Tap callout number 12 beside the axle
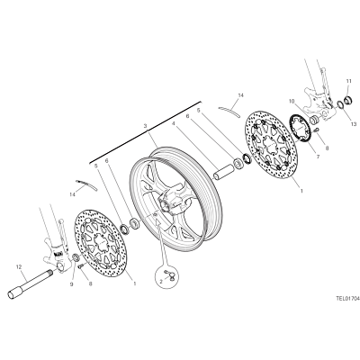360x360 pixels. tap(19, 266)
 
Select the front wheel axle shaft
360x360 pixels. tap(31, 283)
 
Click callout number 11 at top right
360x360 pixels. tap(348, 81)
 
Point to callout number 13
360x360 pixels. tap(354, 124)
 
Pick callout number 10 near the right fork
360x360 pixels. tap(292, 102)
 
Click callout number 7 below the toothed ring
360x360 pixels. tap(318, 157)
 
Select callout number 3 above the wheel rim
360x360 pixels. tap(145, 125)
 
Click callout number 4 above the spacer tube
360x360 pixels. tap(174, 123)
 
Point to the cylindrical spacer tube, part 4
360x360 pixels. tap(224, 172)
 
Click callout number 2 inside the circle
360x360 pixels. tap(161, 282)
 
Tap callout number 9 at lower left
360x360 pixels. tap(71, 284)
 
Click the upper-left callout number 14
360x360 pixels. tap(72, 194)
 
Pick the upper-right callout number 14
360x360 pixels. tap(241, 95)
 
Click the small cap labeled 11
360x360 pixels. tap(348, 100)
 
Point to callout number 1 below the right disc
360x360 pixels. tap(301, 190)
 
